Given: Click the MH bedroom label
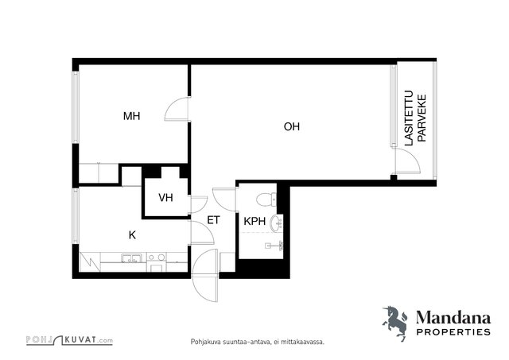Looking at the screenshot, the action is point(131,116).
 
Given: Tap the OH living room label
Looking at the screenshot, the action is point(292,126).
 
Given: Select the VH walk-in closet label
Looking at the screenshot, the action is point(165,198).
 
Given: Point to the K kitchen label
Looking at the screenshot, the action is point(132,235).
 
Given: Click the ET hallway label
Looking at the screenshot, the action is point(213,220).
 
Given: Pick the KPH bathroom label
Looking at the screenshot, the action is point(254,222).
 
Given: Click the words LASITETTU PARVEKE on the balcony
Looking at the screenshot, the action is point(415,118).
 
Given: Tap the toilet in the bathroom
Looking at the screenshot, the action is point(266,199).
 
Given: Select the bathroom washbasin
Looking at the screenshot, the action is point(277,223).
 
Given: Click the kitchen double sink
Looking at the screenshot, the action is point(131,258).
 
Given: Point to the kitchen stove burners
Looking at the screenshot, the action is point(157,257).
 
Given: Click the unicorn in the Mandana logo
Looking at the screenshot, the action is point(394,323).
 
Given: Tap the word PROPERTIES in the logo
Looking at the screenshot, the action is point(453,331).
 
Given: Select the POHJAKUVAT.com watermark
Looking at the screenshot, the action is point(69,340).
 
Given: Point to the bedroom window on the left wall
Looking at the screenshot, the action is point(76,107).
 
